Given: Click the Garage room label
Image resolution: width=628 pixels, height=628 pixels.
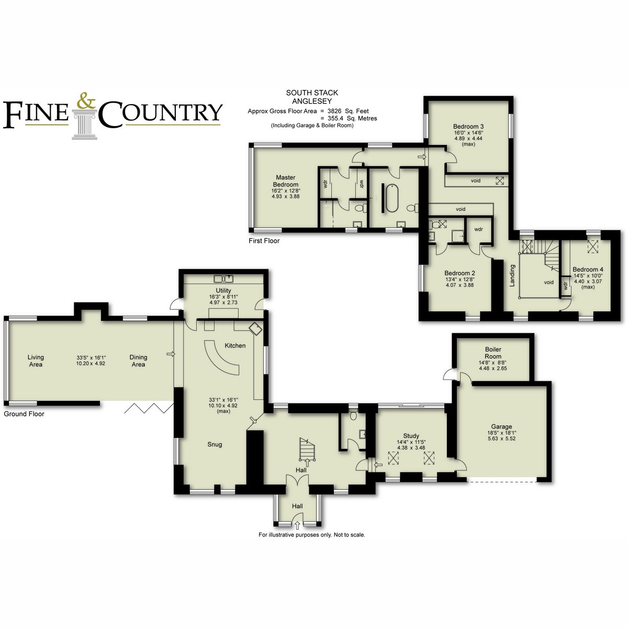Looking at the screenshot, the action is click(501, 427).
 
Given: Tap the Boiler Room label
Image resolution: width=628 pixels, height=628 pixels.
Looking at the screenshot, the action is click(493, 353).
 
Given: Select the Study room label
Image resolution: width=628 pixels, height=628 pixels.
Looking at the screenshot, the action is click(411, 436).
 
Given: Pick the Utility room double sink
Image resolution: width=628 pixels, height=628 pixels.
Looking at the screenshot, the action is click(224, 278).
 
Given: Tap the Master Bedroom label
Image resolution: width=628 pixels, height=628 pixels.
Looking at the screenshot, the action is click(286, 181).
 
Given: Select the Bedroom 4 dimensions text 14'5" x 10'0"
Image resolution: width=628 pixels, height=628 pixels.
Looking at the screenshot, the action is click(588, 275).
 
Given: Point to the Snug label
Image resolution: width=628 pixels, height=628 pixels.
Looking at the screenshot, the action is click(215, 444).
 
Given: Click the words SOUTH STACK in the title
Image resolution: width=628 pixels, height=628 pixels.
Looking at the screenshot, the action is click(312, 93).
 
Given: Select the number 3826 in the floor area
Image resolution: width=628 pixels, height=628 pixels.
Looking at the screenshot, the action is click(334, 111).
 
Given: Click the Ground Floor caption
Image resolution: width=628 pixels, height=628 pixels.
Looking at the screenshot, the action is click(24, 414).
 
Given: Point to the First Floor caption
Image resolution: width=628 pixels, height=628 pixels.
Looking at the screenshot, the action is click(264, 241).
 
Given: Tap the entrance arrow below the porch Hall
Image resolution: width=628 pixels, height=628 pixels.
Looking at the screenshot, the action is click(297, 525).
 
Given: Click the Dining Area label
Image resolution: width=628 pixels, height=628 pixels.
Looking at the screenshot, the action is click(138, 361).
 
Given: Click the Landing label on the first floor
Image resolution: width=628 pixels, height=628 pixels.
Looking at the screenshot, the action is click(512, 275).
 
